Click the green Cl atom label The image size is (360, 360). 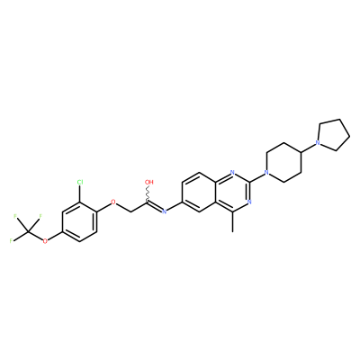(80, 182)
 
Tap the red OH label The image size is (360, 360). (148, 182)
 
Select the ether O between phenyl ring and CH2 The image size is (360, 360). (113, 202)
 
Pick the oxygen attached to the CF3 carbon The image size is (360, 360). (45, 241)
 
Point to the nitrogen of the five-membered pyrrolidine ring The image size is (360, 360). (318, 143)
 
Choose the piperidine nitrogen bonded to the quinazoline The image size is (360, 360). (265, 172)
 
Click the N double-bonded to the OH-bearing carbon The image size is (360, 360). (164, 211)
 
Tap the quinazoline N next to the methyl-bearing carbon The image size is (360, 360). (249, 202)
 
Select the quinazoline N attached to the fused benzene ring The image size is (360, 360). (232, 172)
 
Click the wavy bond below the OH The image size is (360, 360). (148, 193)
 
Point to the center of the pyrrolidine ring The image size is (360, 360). (334, 136)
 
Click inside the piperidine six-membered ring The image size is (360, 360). (283, 163)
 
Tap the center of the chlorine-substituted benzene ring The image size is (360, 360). (79, 221)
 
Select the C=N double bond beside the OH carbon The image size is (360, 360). (155, 206)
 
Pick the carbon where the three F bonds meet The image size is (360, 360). (28, 231)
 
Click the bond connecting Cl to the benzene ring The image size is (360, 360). (79, 193)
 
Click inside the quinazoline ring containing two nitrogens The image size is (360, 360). (232, 192)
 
